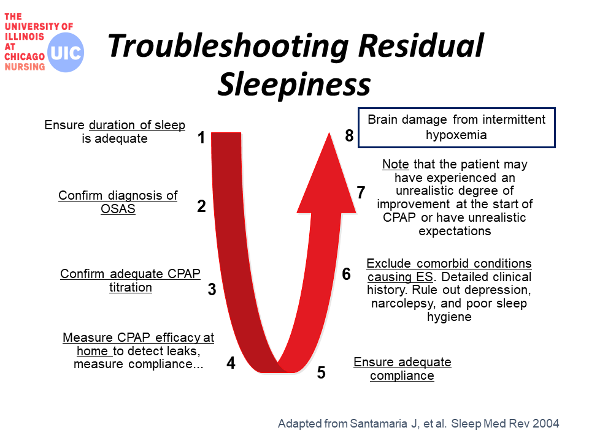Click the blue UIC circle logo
66,53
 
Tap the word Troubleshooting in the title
228,47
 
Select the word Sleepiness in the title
294,85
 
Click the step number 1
201,138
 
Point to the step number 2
201,206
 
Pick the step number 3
212,289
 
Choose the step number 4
231,363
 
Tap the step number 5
321,373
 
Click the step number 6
346,274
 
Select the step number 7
361,193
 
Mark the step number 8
349,136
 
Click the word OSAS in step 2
118,208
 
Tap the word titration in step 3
131,287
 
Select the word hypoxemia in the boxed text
456,135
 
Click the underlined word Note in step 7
396,164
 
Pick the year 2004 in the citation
546,423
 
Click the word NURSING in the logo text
25,67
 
